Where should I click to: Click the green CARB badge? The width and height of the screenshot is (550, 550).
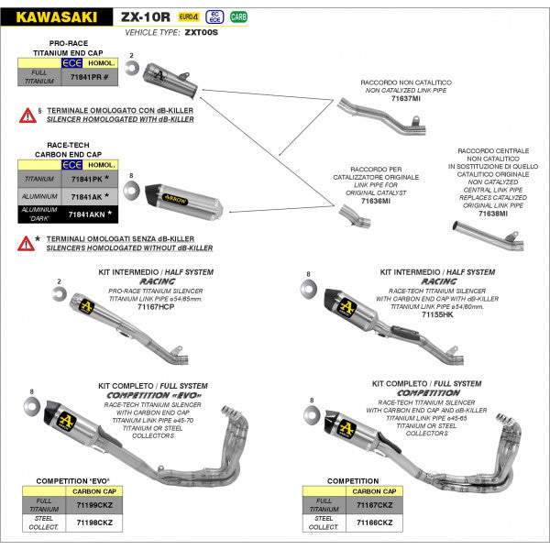click(x=238, y=16)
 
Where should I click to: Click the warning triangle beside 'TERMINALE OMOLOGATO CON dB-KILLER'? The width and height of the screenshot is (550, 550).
click(x=27, y=115)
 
